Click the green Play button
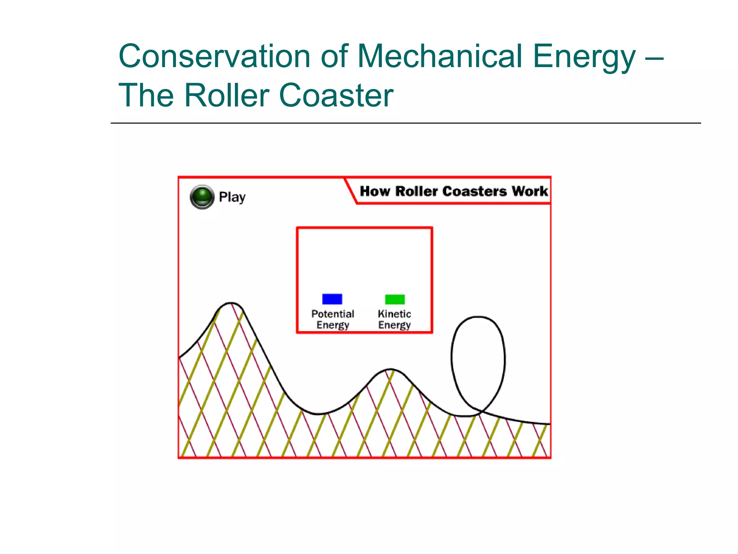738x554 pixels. [x=202, y=197]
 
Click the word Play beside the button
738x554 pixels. [x=232, y=197]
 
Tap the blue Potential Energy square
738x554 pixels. [x=332, y=299]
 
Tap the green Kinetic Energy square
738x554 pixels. [x=395, y=299]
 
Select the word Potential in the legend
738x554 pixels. [x=333, y=314]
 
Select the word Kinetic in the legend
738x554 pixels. [x=394, y=314]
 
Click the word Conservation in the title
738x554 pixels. [x=214, y=56]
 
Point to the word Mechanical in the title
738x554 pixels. [x=440, y=56]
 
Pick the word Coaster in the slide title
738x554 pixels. [x=336, y=95]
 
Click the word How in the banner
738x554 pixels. [x=375, y=191]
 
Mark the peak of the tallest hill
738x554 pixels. [x=231, y=303]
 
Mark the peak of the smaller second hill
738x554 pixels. [x=391, y=369]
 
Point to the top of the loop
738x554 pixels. [x=478, y=317]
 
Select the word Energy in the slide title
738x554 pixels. [x=584, y=57]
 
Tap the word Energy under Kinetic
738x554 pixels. [x=394, y=325]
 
